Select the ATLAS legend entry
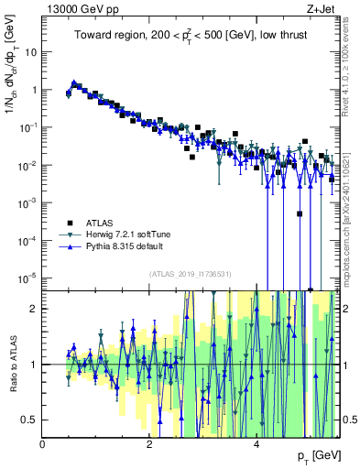[x=99, y=221]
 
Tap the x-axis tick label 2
[x=149, y=444]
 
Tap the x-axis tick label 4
[x=256, y=444]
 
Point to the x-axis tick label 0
[x=43, y=444]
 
